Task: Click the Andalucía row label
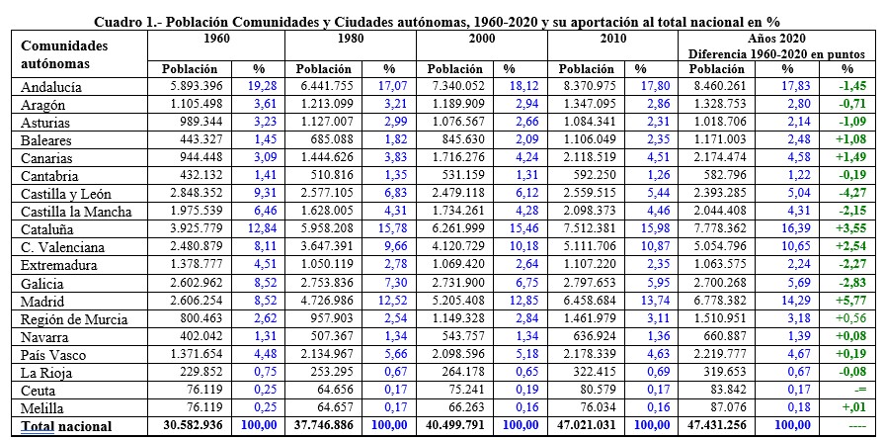click(x=50, y=88)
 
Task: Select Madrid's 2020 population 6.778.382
click(x=717, y=302)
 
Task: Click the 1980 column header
click(x=350, y=39)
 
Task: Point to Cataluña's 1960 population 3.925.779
click(x=196, y=229)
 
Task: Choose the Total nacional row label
click(x=66, y=426)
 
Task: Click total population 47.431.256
click(x=717, y=426)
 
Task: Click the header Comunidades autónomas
click(x=56, y=54)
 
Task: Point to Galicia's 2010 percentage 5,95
click(x=657, y=284)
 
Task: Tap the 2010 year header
click(x=612, y=39)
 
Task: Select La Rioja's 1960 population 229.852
click(x=201, y=373)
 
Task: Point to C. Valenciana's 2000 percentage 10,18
click(x=523, y=248)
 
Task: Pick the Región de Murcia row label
click(x=74, y=319)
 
